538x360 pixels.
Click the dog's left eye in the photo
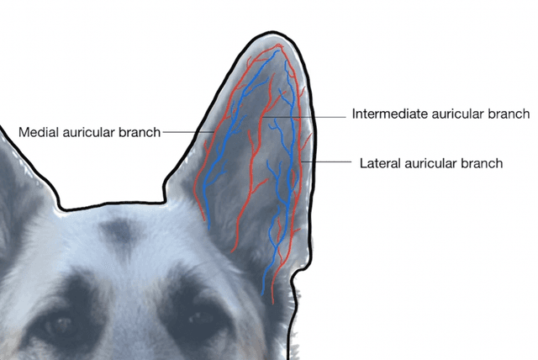[59, 325]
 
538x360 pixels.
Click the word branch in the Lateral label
[481, 163]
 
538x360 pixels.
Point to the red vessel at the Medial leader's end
[212, 132]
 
